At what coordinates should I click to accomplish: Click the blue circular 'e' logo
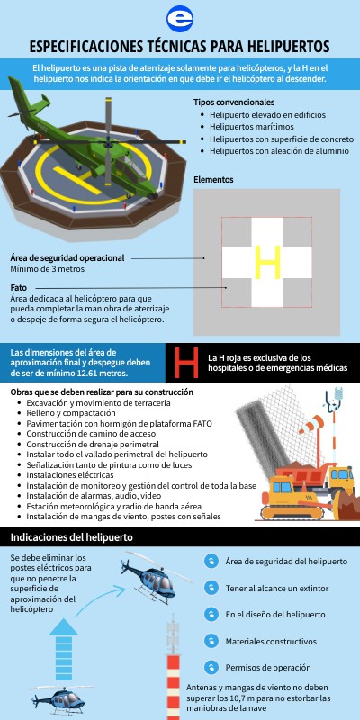pyautogui.click(x=180, y=19)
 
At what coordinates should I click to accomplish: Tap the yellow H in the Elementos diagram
pyautogui.click(x=267, y=262)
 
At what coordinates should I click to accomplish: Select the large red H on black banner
pyautogui.click(x=186, y=363)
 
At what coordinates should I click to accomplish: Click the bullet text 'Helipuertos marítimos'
pyautogui.click(x=252, y=127)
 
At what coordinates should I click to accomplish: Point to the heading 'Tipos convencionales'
pyautogui.click(x=234, y=102)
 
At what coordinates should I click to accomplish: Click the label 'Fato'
pyautogui.click(x=18, y=288)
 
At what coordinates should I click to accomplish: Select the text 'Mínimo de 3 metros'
pyautogui.click(x=48, y=269)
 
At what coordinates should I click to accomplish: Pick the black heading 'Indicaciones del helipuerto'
pyautogui.click(x=72, y=536)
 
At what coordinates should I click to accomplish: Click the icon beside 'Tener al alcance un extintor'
pyautogui.click(x=211, y=588)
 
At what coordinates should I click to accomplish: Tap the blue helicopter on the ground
pyautogui.click(x=59, y=700)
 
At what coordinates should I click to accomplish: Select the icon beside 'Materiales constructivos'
pyautogui.click(x=211, y=641)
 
